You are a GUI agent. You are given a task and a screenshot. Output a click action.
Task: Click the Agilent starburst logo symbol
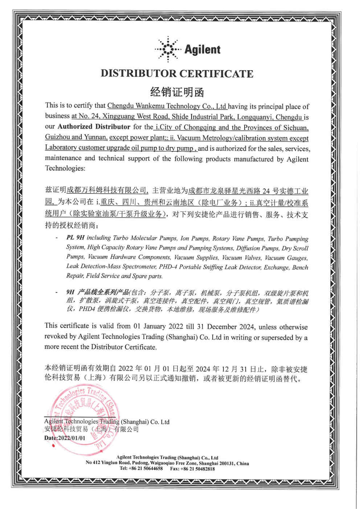click(167, 49)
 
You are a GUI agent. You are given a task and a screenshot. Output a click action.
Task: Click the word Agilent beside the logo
click(202, 50)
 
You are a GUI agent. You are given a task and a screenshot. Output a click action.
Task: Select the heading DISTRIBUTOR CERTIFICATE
click(177, 74)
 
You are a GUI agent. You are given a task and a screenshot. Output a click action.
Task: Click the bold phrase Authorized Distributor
click(94, 127)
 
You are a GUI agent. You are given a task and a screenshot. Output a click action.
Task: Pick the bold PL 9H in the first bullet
click(75, 238)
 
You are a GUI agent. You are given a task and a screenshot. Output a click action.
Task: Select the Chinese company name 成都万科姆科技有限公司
click(107, 190)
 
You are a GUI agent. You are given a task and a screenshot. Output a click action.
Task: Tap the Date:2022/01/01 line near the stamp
click(65, 438)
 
